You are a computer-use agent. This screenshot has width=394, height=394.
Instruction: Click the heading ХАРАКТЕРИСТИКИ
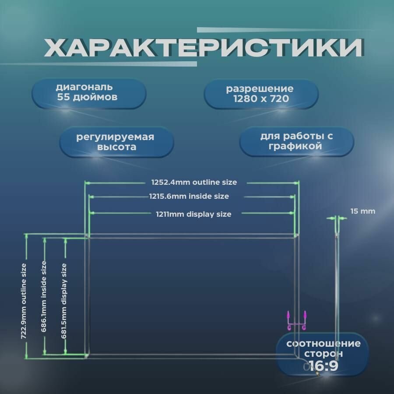[x=203, y=48]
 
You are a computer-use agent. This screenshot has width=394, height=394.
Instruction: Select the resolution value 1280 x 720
[x=261, y=99]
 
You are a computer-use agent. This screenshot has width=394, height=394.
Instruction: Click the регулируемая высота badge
[x=116, y=142]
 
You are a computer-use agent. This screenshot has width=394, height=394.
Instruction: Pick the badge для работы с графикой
[x=296, y=141]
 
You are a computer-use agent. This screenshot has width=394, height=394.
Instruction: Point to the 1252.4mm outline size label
[x=193, y=182]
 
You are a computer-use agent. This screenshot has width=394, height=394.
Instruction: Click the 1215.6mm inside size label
[x=189, y=197]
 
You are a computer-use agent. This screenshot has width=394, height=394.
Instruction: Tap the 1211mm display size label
[x=193, y=214]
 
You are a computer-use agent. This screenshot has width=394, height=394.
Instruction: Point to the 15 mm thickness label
[x=363, y=211]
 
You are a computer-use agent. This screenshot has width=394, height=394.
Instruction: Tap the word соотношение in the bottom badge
[x=324, y=344]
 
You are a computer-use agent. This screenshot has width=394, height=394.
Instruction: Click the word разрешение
[x=260, y=89]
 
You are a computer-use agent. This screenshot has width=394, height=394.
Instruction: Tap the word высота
[x=116, y=148]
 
